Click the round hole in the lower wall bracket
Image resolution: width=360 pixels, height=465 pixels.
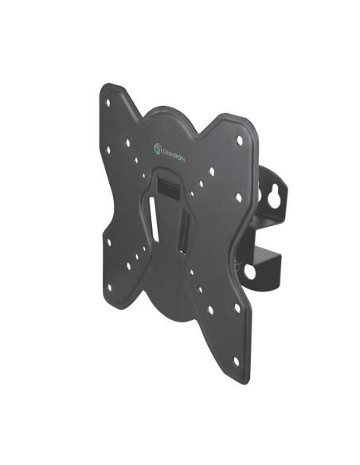pyautogui.click(x=249, y=271)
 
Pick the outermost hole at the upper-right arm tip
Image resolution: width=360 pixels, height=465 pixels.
pyautogui.click(x=239, y=141)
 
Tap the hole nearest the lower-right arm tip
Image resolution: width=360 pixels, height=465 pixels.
pyautogui.click(x=236, y=360)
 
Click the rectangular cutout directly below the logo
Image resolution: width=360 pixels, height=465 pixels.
pyautogui.click(x=168, y=186)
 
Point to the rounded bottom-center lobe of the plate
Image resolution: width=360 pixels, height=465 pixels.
pyautogui.click(x=170, y=307)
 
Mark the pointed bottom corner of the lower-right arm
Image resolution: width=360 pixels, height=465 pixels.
pyautogui.click(x=242, y=381)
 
